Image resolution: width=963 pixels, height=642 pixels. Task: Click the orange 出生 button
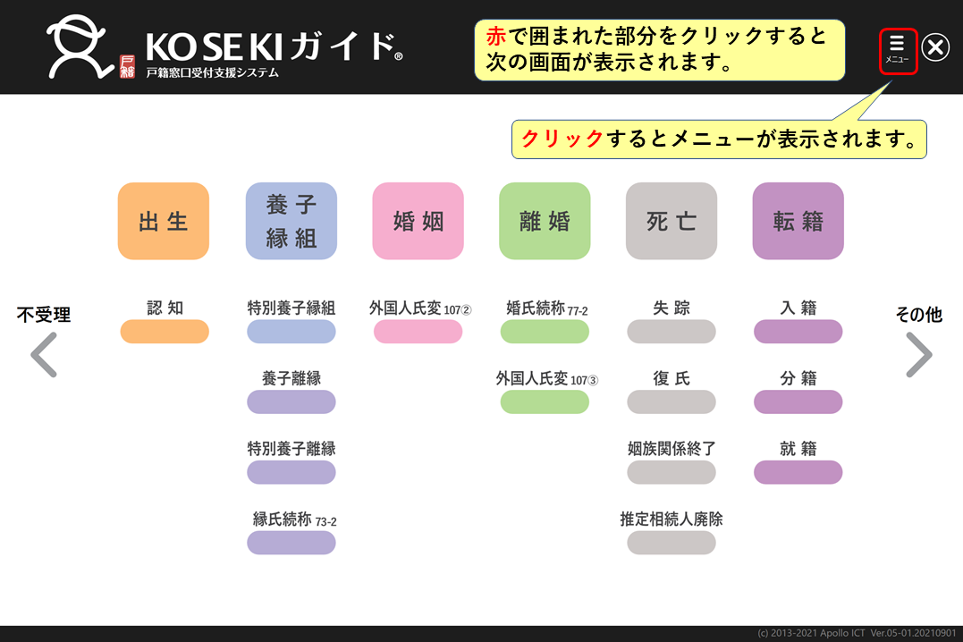click(164, 221)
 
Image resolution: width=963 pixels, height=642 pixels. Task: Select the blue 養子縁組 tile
click(291, 221)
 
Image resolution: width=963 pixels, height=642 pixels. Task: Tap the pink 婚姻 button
click(418, 221)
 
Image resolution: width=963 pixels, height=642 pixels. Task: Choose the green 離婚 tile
click(545, 221)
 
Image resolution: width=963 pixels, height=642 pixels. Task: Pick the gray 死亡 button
click(672, 221)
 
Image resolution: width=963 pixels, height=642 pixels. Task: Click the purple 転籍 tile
click(798, 221)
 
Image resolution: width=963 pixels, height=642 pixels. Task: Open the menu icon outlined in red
click(898, 52)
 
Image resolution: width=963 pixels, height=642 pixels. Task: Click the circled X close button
click(936, 47)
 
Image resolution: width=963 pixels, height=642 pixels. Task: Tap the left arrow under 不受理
click(44, 354)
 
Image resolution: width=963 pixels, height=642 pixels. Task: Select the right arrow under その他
click(919, 354)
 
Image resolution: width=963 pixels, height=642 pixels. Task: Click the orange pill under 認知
click(165, 331)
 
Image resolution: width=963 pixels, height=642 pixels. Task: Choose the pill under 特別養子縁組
click(291, 331)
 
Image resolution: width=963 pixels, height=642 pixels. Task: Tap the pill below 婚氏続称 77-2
click(545, 331)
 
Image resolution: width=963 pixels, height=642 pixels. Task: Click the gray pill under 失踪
click(672, 331)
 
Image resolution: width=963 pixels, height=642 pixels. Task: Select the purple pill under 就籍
click(798, 472)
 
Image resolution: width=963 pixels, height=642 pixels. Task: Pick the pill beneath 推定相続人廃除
click(672, 543)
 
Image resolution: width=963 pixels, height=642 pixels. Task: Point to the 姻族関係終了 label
click(672, 449)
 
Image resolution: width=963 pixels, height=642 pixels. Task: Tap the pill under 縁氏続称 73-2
click(291, 543)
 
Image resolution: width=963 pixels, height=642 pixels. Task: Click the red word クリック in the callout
click(562, 139)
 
